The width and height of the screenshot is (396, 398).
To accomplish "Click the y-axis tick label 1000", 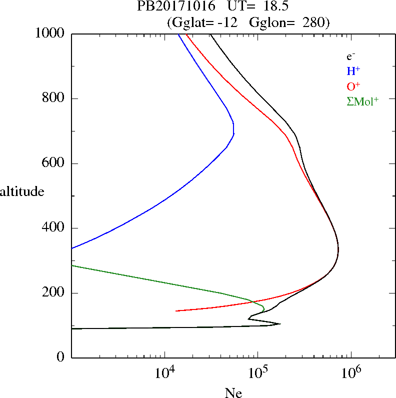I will tap(50, 33).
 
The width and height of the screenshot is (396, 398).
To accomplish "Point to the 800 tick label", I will tap(54, 98).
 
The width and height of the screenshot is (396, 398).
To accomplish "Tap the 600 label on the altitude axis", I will tap(54, 163).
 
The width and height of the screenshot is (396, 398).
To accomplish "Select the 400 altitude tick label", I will tap(54, 228).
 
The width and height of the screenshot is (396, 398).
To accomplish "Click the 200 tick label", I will tap(54, 293).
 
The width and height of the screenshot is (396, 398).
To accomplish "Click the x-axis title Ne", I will tap(233, 393).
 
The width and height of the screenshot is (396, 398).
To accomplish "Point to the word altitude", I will tap(22, 191).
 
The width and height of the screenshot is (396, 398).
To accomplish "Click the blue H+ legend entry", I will tap(353, 71).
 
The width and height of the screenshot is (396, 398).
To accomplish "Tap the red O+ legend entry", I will tap(353, 86).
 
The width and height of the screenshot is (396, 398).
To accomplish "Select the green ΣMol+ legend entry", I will tap(362, 101).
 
